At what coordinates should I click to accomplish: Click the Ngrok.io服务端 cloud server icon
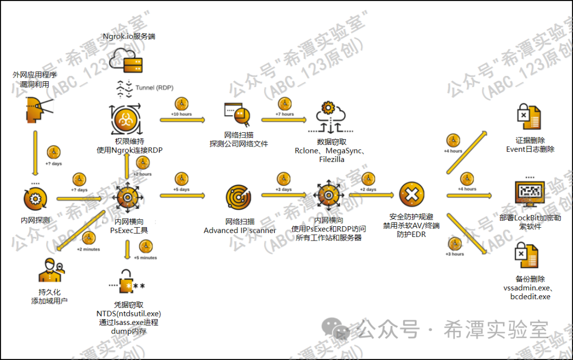click(128, 58)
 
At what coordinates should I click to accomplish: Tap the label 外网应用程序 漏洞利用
click(34, 80)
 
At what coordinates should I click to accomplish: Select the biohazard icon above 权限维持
click(126, 120)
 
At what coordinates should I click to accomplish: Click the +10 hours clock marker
click(181, 104)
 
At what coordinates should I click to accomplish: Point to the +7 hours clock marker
click(285, 104)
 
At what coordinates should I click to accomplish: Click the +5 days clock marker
click(181, 178)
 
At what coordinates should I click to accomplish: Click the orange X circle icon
click(412, 195)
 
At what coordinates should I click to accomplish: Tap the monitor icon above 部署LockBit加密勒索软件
click(529, 194)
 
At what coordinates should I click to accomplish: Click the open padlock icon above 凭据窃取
click(128, 281)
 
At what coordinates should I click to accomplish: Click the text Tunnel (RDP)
click(154, 88)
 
